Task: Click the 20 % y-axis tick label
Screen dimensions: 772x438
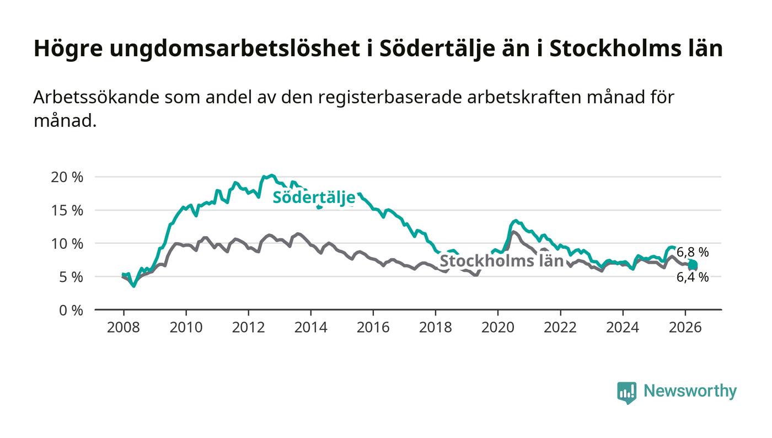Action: tap(67, 177)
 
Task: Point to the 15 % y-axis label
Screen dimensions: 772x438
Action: tap(67, 210)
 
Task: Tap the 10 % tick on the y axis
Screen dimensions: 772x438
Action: tap(67, 244)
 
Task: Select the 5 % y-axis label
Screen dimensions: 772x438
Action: tap(71, 277)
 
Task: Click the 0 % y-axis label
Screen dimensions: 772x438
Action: tap(71, 311)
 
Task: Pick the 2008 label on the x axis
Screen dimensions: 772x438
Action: tap(124, 327)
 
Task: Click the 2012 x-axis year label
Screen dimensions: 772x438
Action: tap(248, 327)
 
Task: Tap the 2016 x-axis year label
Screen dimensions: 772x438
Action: tap(373, 327)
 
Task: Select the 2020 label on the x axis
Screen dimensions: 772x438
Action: tap(497, 327)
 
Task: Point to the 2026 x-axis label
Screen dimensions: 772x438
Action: tap(685, 327)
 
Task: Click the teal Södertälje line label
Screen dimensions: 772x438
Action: tap(314, 197)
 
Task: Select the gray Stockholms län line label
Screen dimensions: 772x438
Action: tap(502, 261)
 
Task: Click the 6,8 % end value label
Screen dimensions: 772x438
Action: tap(693, 253)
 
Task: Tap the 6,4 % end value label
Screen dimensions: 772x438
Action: tap(693, 277)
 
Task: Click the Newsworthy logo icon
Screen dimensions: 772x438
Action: tap(626, 392)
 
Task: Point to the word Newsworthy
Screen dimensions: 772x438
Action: tap(690, 391)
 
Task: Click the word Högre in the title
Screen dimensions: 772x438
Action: tap(68, 49)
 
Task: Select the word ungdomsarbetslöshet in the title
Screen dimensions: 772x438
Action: tap(235, 49)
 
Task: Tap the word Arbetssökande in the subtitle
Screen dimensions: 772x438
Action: tap(96, 97)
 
